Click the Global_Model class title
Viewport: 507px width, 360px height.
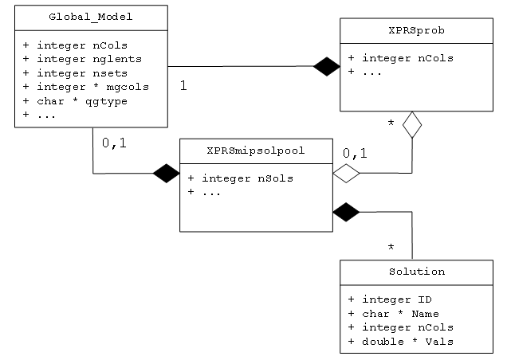point(91,16)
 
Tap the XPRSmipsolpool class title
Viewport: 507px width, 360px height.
point(255,150)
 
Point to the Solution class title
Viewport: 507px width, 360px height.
point(415,272)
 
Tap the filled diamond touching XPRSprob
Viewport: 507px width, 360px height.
point(326,67)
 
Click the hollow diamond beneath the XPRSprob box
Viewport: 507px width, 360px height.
point(411,125)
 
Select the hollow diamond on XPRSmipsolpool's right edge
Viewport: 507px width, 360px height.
point(346,173)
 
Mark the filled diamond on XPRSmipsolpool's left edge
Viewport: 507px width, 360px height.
point(167,173)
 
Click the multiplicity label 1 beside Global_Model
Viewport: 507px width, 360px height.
point(184,85)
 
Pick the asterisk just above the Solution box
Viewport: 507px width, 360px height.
point(391,248)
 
